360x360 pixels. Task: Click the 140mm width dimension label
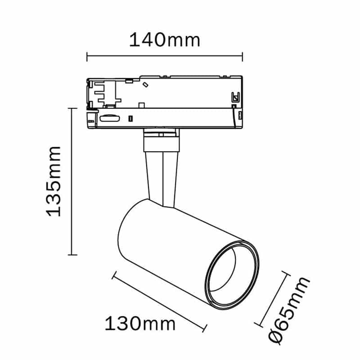click(164, 40)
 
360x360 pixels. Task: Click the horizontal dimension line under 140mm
click(164, 57)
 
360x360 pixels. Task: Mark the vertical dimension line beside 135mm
click(71, 180)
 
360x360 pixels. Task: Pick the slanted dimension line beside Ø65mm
click(271, 298)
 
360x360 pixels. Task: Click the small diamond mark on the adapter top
click(145, 84)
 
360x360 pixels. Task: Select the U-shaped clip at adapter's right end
click(234, 97)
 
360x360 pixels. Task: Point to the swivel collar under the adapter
click(161, 141)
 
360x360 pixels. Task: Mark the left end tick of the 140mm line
click(87, 57)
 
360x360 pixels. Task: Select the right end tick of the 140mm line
click(243, 57)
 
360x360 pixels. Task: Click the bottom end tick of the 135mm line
click(71, 254)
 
